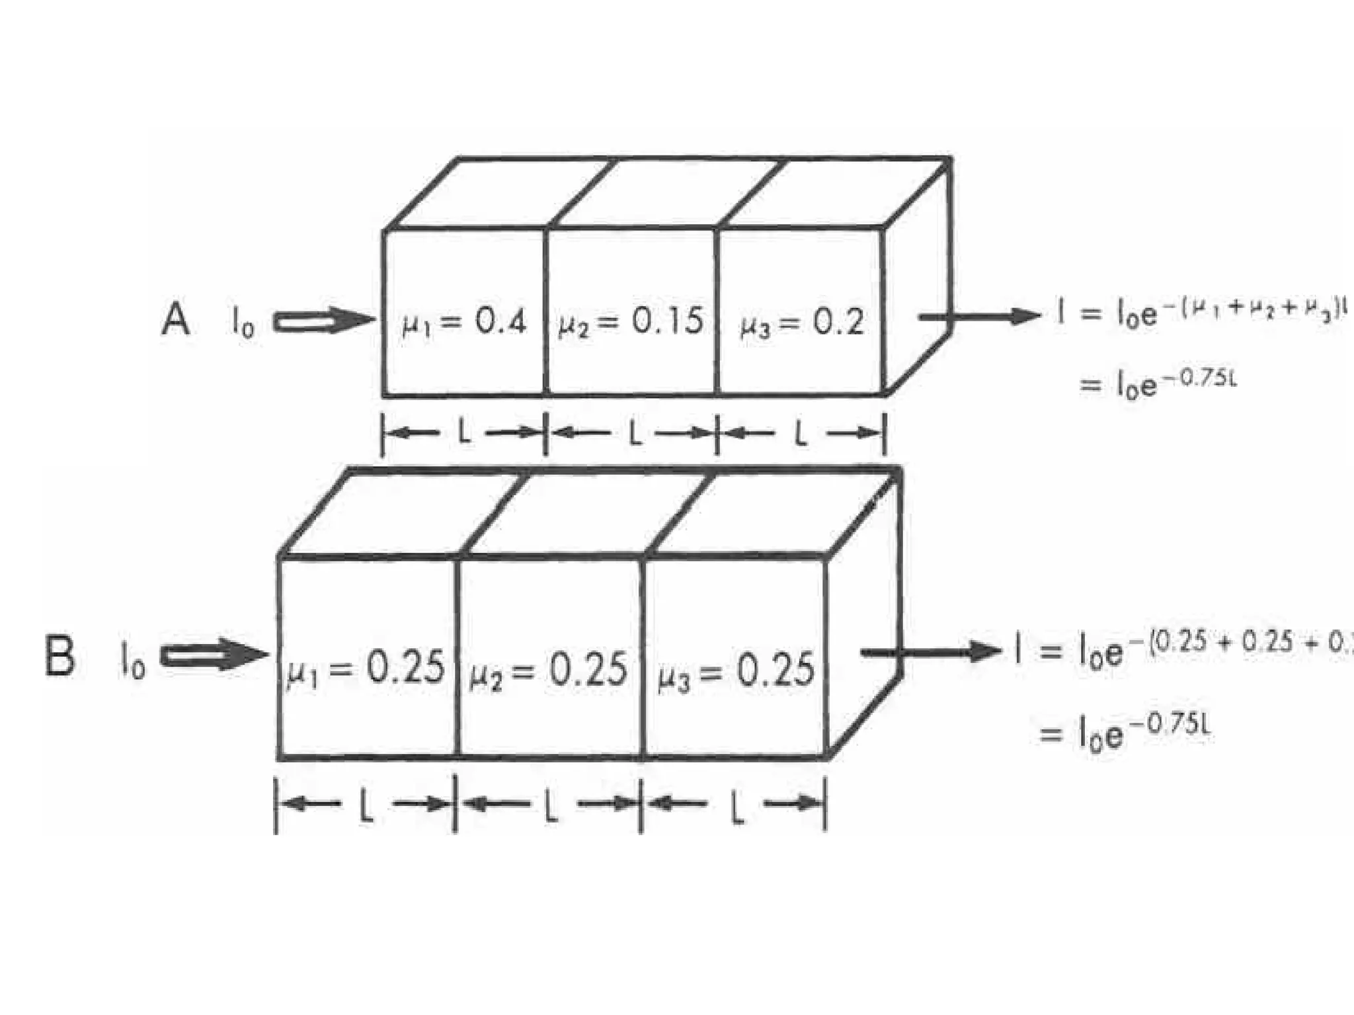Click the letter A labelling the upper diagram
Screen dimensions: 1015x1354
pyautogui.click(x=176, y=319)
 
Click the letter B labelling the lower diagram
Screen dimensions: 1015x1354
pyautogui.click(x=60, y=656)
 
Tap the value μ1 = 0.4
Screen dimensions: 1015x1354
pyautogui.click(x=464, y=323)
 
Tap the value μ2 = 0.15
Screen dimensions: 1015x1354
pyautogui.click(x=631, y=322)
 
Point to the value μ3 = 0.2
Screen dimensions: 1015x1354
pyautogui.click(x=801, y=323)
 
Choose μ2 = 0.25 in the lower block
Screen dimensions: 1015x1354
pyautogui.click(x=548, y=669)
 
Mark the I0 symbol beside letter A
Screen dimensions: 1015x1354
pyautogui.click(x=243, y=323)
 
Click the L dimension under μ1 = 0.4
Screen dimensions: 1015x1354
pyautogui.click(x=464, y=433)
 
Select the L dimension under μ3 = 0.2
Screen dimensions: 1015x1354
pyautogui.click(x=801, y=433)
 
